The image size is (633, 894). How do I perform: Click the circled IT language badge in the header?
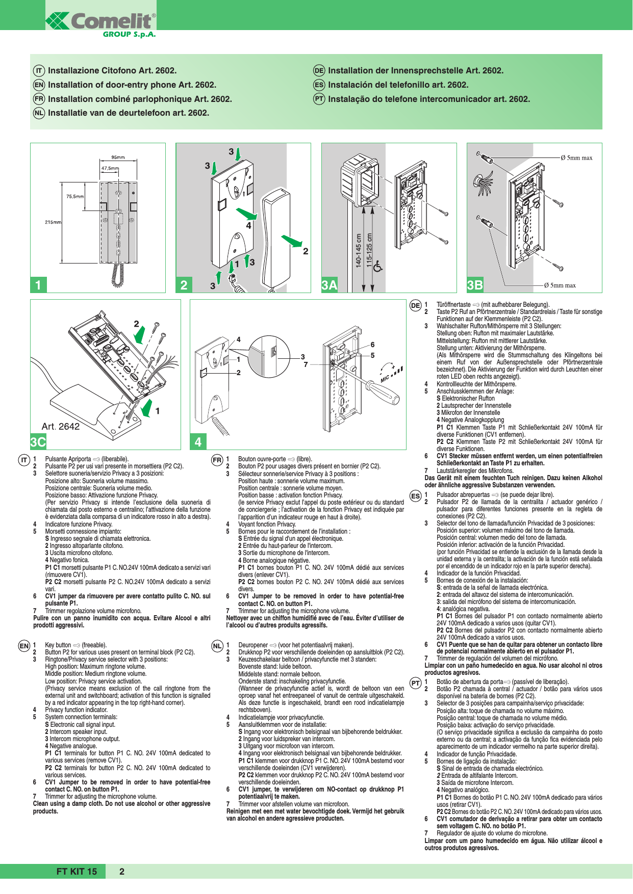(x=39, y=71)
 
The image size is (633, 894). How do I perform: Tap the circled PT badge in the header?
(x=319, y=99)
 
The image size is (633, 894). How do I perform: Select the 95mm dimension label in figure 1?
(x=118, y=157)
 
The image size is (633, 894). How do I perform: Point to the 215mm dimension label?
(x=53, y=222)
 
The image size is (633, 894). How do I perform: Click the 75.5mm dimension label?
(x=75, y=196)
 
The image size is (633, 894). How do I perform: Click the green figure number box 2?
(x=184, y=285)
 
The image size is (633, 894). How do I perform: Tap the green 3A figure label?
(x=330, y=285)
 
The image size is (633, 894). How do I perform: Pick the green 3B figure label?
(x=475, y=285)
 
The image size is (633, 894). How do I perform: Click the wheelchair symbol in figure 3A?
(x=378, y=266)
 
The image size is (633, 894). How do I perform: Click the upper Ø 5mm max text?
(x=576, y=158)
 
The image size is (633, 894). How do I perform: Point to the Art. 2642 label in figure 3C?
(x=60, y=427)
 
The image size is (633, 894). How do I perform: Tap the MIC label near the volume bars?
(x=385, y=378)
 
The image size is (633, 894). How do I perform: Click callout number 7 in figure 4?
(x=306, y=364)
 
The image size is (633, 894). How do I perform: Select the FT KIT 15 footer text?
(x=77, y=872)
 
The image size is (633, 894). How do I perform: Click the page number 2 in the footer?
(x=122, y=872)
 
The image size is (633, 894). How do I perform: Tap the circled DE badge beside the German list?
(x=416, y=306)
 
